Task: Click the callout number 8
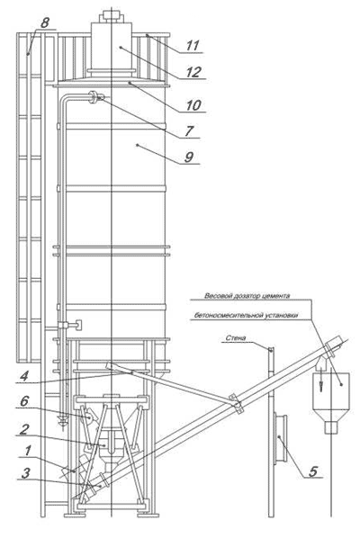pyautogui.click(x=45, y=22)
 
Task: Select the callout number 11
pyautogui.click(x=193, y=45)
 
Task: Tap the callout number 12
pyautogui.click(x=193, y=72)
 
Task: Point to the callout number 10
pyautogui.click(x=193, y=105)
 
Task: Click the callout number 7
pyautogui.click(x=189, y=130)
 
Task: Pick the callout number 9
pyautogui.click(x=189, y=157)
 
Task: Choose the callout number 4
pyautogui.click(x=23, y=376)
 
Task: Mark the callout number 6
pyautogui.click(x=24, y=401)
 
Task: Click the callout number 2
pyautogui.click(x=23, y=429)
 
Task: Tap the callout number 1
pyautogui.click(x=28, y=451)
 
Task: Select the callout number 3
pyautogui.click(x=25, y=473)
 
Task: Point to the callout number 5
pyautogui.click(x=312, y=471)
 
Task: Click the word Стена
pyautogui.click(x=236, y=338)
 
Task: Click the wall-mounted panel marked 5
pyautogui.click(x=281, y=439)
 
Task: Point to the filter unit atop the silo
pyautogui.click(x=112, y=45)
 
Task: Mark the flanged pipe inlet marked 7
pyautogui.click(x=95, y=97)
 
